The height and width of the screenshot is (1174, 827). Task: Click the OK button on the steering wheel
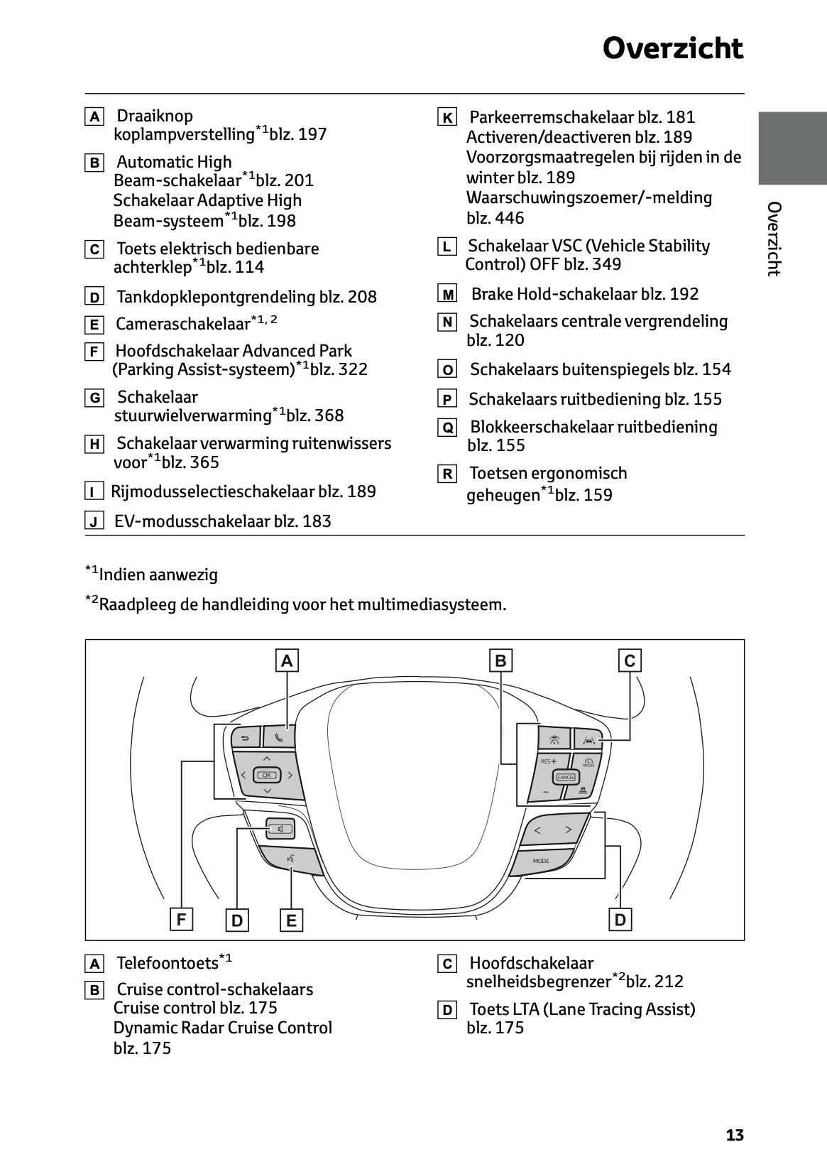pyautogui.click(x=267, y=775)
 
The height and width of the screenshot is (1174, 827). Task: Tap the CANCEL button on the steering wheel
pyautogui.click(x=566, y=777)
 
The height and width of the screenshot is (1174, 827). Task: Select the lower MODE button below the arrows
pyautogui.click(x=541, y=861)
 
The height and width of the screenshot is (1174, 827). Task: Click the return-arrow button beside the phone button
pyautogui.click(x=245, y=738)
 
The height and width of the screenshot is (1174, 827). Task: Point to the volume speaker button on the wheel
pyautogui.click(x=280, y=829)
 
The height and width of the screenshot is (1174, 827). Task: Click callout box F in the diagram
pyautogui.click(x=182, y=920)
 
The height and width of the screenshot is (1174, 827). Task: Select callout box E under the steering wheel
pyautogui.click(x=291, y=921)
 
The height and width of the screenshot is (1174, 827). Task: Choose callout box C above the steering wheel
pyautogui.click(x=630, y=661)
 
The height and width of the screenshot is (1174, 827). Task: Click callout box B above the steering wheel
pyautogui.click(x=500, y=661)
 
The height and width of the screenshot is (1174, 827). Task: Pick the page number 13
pyautogui.click(x=735, y=1135)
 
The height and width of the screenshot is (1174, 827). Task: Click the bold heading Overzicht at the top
pyautogui.click(x=672, y=49)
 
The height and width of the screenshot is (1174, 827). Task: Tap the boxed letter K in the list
pyautogui.click(x=447, y=118)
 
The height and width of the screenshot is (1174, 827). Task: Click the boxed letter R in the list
pyautogui.click(x=447, y=474)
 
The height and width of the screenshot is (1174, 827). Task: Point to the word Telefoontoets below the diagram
pyautogui.click(x=168, y=963)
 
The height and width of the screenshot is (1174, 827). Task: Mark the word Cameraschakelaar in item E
pyautogui.click(x=183, y=325)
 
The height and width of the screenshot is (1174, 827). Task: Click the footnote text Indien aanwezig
pyautogui.click(x=158, y=575)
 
